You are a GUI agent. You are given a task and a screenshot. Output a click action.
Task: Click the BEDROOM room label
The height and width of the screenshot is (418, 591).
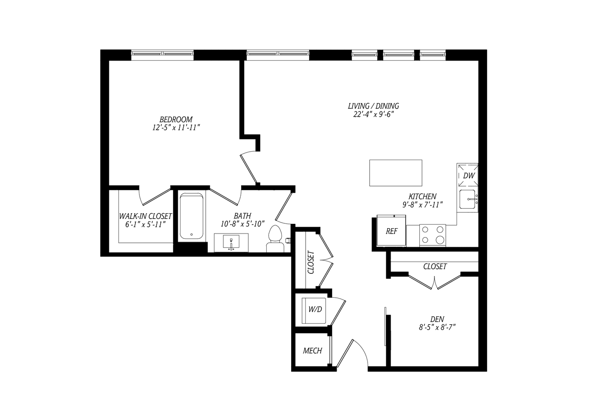(176, 119)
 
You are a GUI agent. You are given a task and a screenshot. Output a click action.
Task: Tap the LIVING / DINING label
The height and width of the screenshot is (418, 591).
(373, 106)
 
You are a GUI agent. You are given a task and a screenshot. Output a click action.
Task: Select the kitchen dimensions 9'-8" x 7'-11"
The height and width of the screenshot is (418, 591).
(422, 205)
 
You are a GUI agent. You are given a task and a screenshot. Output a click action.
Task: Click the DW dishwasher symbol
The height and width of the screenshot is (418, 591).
(468, 175)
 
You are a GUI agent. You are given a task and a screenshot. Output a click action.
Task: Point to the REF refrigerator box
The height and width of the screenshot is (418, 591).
(391, 231)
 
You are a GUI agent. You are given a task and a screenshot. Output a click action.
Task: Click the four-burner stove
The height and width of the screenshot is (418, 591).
(433, 235)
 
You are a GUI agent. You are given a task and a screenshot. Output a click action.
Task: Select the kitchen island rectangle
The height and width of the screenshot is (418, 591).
(396, 173)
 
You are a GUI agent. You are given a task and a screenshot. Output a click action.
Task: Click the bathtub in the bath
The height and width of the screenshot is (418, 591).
(192, 216)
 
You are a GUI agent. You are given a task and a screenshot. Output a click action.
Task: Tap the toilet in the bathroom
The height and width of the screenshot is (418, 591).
(275, 238)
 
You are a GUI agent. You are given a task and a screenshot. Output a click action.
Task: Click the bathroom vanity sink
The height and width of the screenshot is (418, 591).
(231, 242)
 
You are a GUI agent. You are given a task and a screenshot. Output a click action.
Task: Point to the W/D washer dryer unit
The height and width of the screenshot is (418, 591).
(314, 311)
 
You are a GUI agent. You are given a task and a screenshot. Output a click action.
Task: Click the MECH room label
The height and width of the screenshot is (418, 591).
(312, 351)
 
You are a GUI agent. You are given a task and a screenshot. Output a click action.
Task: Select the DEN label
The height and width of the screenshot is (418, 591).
(437, 319)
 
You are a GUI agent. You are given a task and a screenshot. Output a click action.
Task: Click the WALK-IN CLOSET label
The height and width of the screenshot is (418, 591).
(146, 216)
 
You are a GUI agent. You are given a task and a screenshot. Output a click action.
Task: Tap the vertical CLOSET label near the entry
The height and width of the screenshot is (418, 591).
(311, 262)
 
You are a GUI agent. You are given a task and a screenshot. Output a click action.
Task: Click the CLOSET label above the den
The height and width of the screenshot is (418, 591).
(435, 267)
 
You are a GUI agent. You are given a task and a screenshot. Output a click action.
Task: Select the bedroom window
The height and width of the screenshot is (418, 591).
(162, 54)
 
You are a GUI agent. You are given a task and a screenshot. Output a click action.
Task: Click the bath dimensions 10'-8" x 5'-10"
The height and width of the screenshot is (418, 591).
(242, 224)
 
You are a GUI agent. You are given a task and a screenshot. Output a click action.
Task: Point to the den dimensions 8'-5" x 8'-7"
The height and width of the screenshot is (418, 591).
(437, 327)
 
